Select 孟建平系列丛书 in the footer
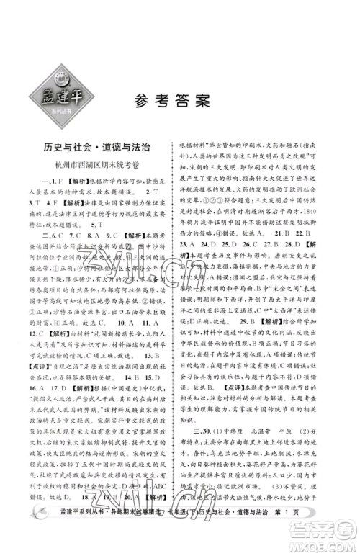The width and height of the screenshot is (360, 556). (66, 537)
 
